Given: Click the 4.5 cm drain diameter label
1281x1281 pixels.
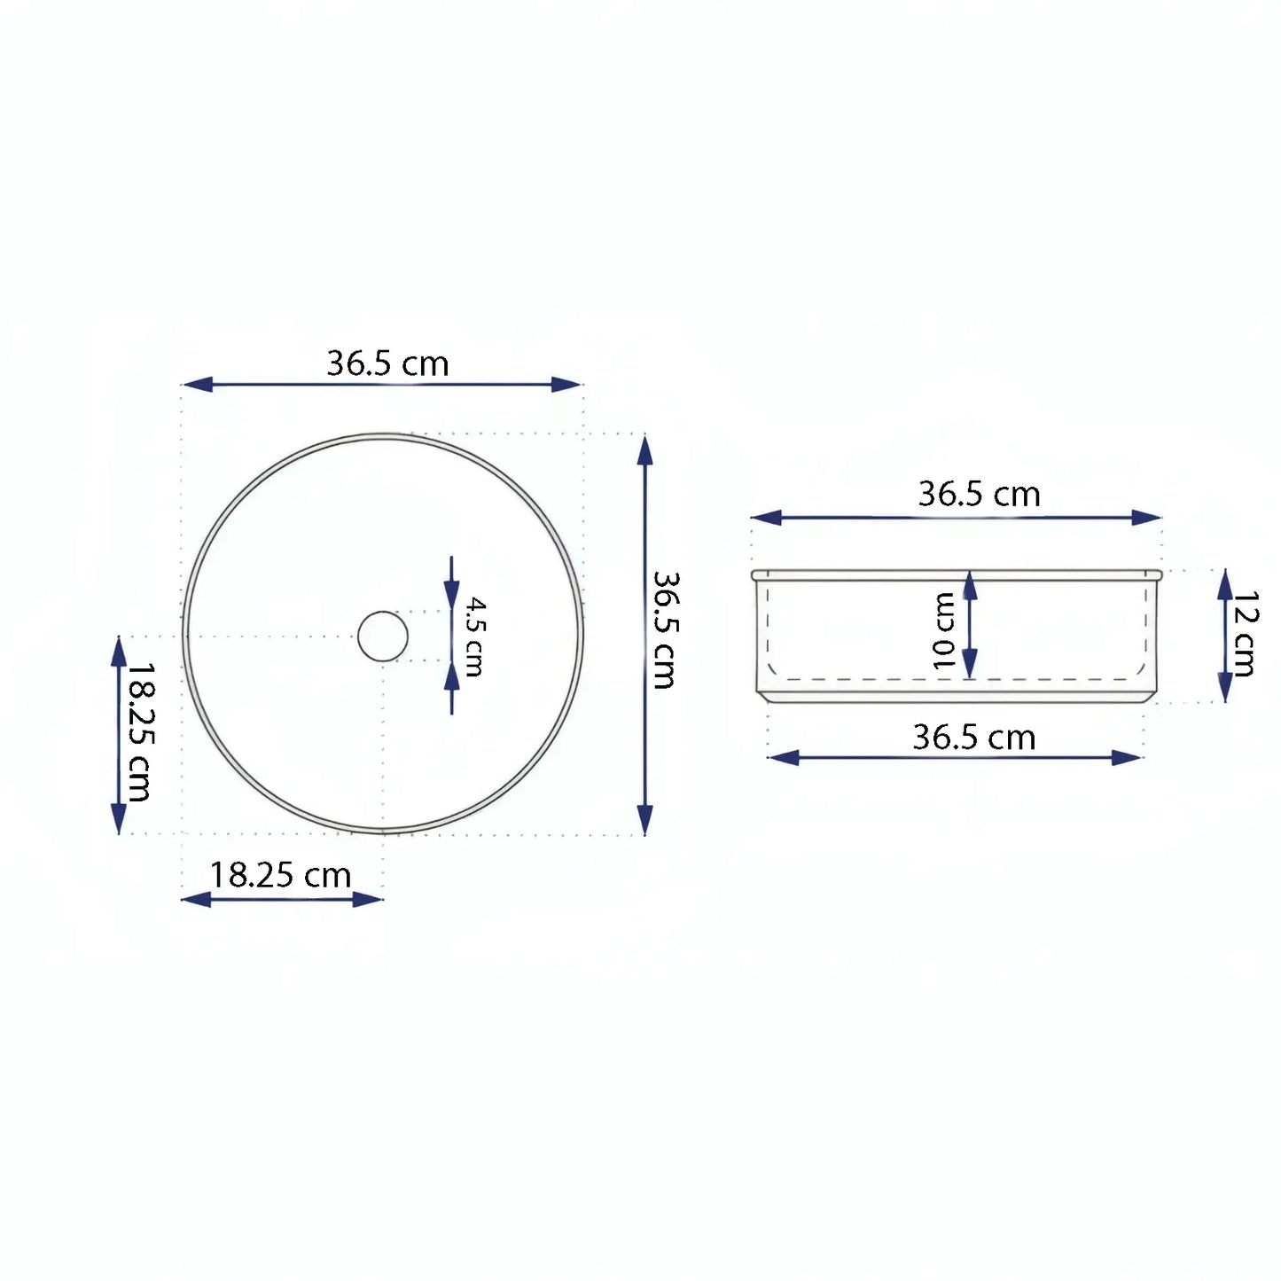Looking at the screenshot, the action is click(x=474, y=637).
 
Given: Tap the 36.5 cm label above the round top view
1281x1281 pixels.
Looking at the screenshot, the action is click(x=387, y=363).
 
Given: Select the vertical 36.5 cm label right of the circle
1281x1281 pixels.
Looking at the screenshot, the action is click(x=664, y=629).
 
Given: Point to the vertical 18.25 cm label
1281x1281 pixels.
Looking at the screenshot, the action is click(x=138, y=732).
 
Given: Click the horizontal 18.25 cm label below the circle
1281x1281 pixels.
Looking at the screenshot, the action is click(x=280, y=876).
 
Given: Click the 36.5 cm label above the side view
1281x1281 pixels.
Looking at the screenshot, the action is click(x=980, y=495).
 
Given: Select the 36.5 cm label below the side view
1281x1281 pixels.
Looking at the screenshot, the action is click(x=974, y=738).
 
